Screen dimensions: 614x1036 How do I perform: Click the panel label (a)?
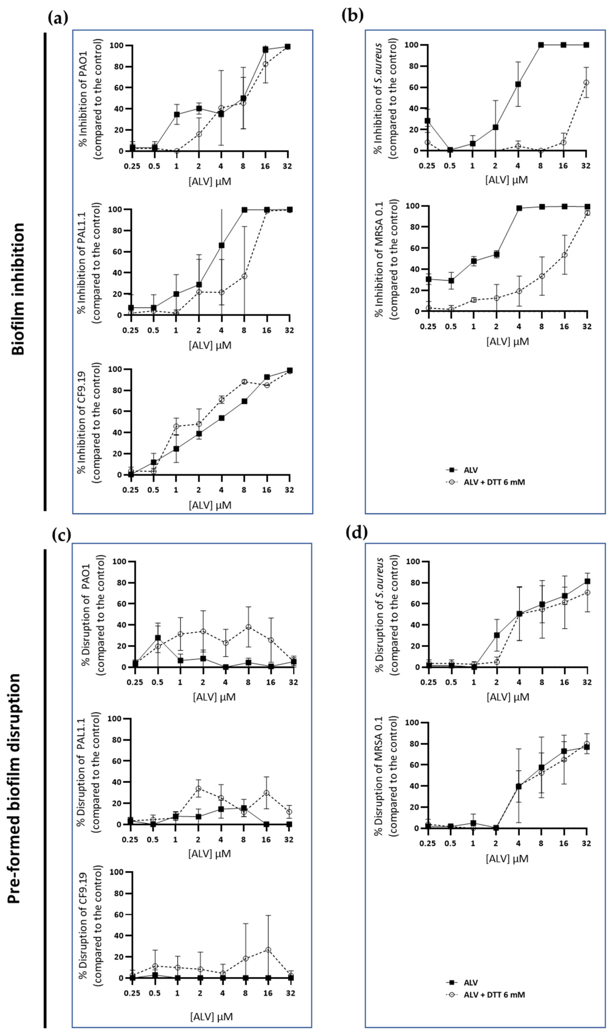pyautogui.click(x=58, y=18)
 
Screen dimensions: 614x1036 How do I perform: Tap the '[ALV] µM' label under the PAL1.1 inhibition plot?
pyautogui.click(x=210, y=345)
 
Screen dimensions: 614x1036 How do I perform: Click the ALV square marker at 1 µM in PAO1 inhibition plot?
pyautogui.click(x=177, y=114)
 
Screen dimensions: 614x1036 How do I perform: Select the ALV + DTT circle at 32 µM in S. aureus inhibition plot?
pyautogui.click(x=586, y=83)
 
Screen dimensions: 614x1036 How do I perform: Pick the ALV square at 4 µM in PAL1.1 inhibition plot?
pyautogui.click(x=221, y=245)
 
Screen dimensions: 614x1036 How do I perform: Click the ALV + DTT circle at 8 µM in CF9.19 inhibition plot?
pyautogui.click(x=244, y=382)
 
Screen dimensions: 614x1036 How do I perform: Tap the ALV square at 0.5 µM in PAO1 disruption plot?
pyautogui.click(x=158, y=637)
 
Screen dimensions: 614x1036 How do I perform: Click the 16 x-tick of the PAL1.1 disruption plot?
pyautogui.click(x=266, y=840)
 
